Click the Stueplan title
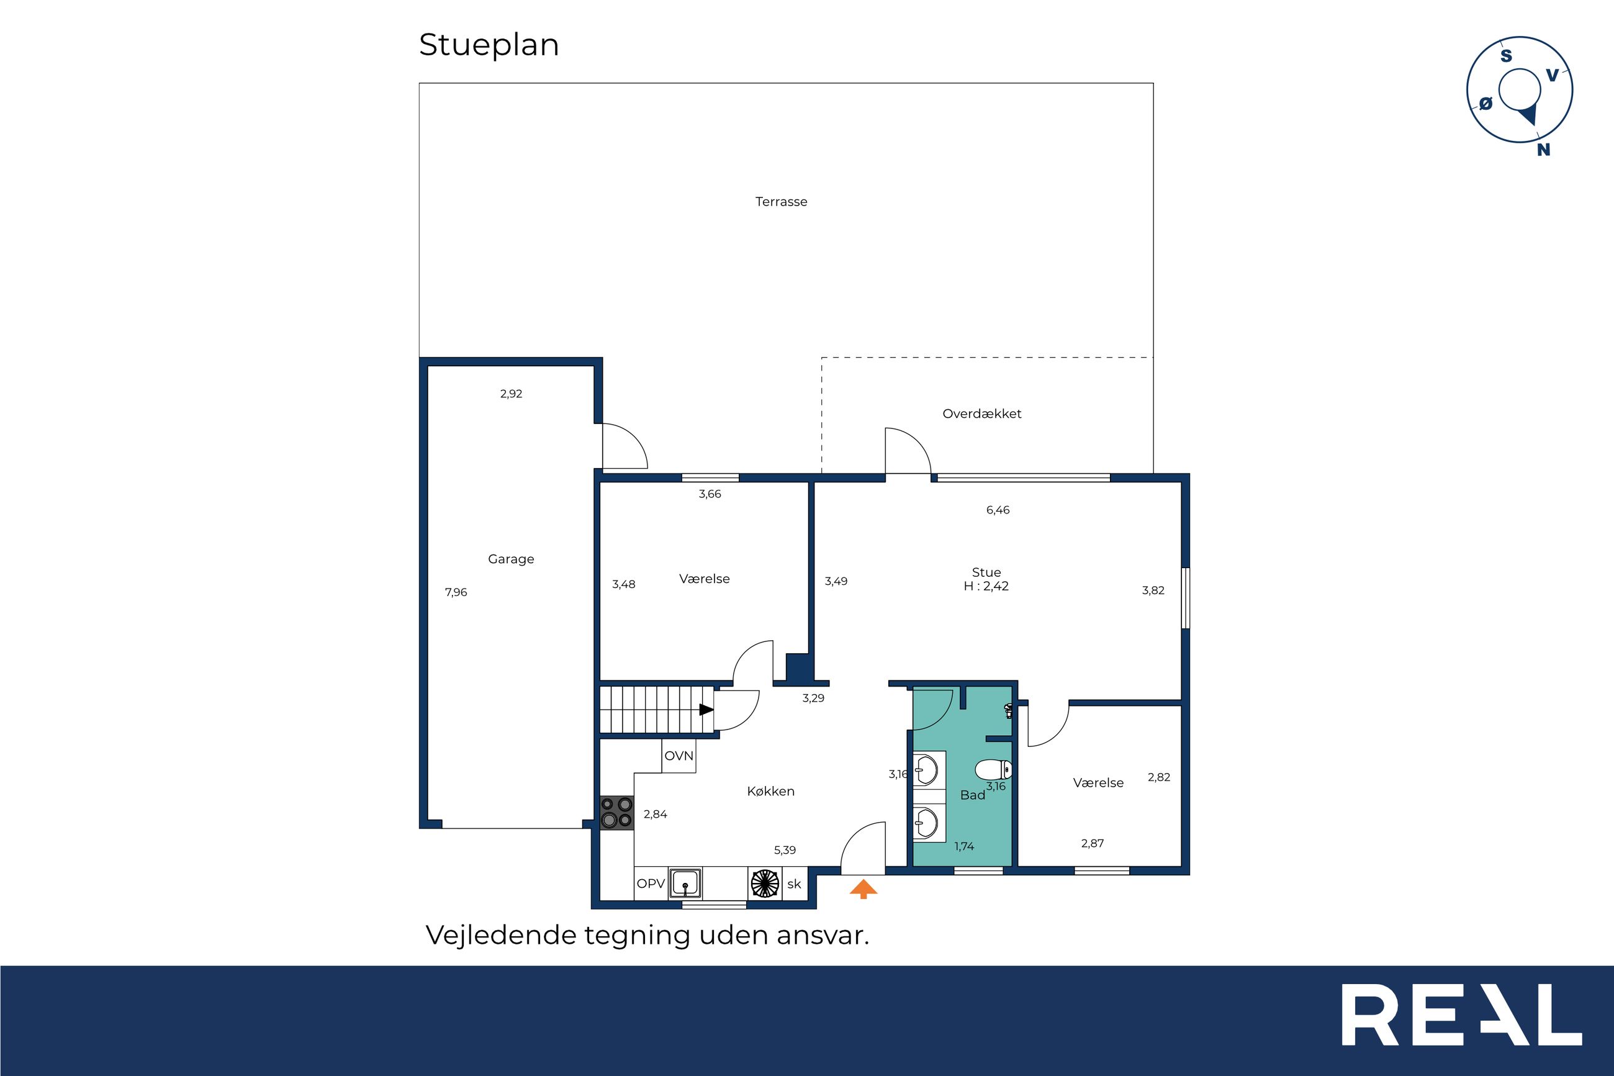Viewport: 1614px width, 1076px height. click(x=489, y=46)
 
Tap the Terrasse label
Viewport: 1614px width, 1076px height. click(x=782, y=202)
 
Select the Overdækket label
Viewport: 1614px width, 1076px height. click(x=981, y=414)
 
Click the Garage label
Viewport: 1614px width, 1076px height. click(x=511, y=559)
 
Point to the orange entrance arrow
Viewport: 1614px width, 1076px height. click(x=863, y=889)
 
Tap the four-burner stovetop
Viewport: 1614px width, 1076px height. click(x=616, y=813)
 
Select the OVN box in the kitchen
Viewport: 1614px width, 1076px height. click(x=679, y=756)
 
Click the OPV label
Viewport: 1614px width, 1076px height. click(x=651, y=884)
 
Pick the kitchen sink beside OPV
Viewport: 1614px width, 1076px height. click(x=686, y=883)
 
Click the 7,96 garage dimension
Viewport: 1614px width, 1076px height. click(x=456, y=592)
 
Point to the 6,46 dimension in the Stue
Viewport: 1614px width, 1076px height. click(x=998, y=510)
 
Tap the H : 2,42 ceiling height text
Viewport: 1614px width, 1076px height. click(x=986, y=586)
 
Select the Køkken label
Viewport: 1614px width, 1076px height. click(x=771, y=791)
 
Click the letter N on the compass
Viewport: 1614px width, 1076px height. click(x=1543, y=150)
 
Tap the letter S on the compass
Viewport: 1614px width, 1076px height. click(x=1507, y=56)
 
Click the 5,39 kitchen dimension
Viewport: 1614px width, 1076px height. click(x=785, y=850)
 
